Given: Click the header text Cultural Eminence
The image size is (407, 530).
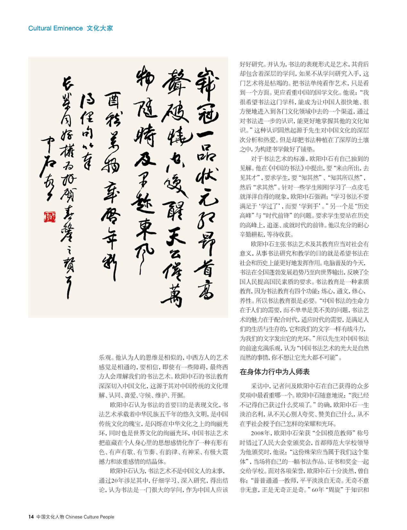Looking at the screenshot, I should [55, 28].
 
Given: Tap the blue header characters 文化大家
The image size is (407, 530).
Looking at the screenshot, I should [100, 28].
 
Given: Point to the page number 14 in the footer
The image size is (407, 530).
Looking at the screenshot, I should [31, 517].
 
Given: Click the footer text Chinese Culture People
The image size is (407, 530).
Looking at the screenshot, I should [90, 517].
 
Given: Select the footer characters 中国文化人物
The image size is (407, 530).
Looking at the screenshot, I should [50, 517].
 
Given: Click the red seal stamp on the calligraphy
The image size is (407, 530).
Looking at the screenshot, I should [49, 217].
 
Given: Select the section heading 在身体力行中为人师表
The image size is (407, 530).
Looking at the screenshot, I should [275, 372].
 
